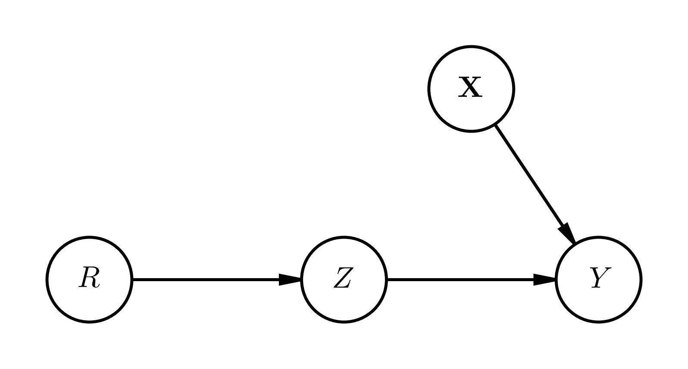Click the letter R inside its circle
[89, 278]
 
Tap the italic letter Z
[344, 278]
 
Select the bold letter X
[470, 88]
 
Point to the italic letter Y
[600, 278]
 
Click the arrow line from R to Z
[207, 280]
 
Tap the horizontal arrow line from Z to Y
[461, 280]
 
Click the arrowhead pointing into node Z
[290, 280]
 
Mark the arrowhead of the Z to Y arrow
[544, 280]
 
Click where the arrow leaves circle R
[132, 280]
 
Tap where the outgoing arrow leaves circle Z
[387, 280]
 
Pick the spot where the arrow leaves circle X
[495, 124]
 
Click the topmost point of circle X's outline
[471, 46]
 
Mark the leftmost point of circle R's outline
[47, 280]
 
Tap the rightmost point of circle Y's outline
[641, 280]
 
